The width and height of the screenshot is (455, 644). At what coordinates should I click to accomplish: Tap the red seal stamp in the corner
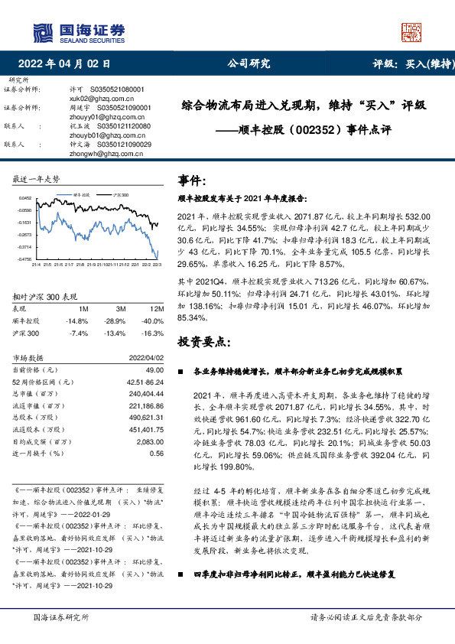click(x=411, y=31)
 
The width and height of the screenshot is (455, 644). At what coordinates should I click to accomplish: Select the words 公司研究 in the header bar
click(x=249, y=64)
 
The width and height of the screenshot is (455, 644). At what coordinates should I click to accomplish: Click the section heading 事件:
click(x=192, y=181)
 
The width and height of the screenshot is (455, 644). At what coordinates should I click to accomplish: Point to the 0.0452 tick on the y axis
click(x=26, y=197)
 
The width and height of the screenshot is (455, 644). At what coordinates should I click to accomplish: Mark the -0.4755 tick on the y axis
click(x=25, y=259)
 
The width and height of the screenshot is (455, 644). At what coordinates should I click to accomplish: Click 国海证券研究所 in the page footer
click(x=62, y=617)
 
